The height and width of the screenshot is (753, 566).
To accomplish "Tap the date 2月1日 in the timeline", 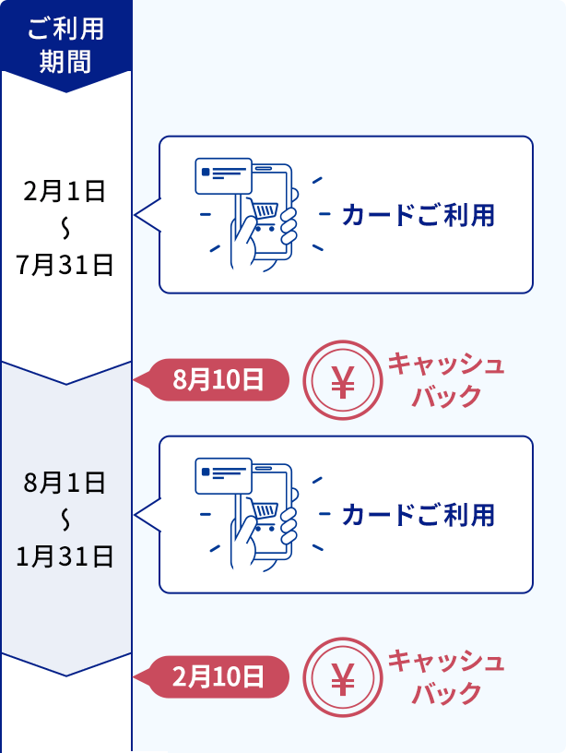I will [x=65, y=192].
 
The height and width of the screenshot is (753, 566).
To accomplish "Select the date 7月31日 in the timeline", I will [x=65, y=265].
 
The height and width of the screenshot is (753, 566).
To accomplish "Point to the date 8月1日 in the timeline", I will [x=65, y=482].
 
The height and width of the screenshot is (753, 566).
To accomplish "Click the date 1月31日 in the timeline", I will [x=65, y=556].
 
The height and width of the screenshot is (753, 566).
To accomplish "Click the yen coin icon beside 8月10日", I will [x=342, y=380].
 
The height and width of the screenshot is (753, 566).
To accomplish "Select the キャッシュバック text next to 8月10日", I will [x=446, y=379].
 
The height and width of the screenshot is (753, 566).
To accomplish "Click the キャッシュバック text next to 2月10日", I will [x=446, y=677].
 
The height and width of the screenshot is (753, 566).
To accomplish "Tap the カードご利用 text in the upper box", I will [x=419, y=216].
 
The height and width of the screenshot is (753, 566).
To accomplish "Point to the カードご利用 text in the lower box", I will [x=419, y=515].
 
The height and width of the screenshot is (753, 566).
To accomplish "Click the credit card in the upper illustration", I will [x=223, y=174].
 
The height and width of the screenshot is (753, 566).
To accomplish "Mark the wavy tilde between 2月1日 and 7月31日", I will [x=65, y=228].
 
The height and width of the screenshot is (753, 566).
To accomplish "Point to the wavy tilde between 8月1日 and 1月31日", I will [x=65, y=519].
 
